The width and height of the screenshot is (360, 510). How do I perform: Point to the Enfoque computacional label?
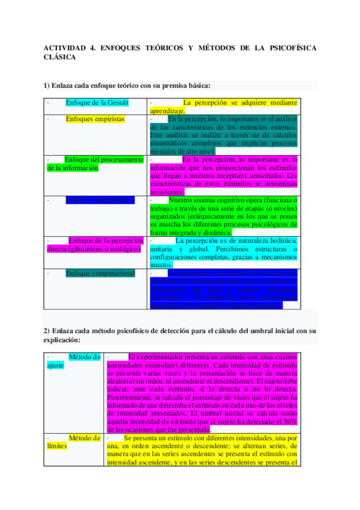point(100,273)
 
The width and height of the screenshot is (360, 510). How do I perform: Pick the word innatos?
point(162,265)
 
